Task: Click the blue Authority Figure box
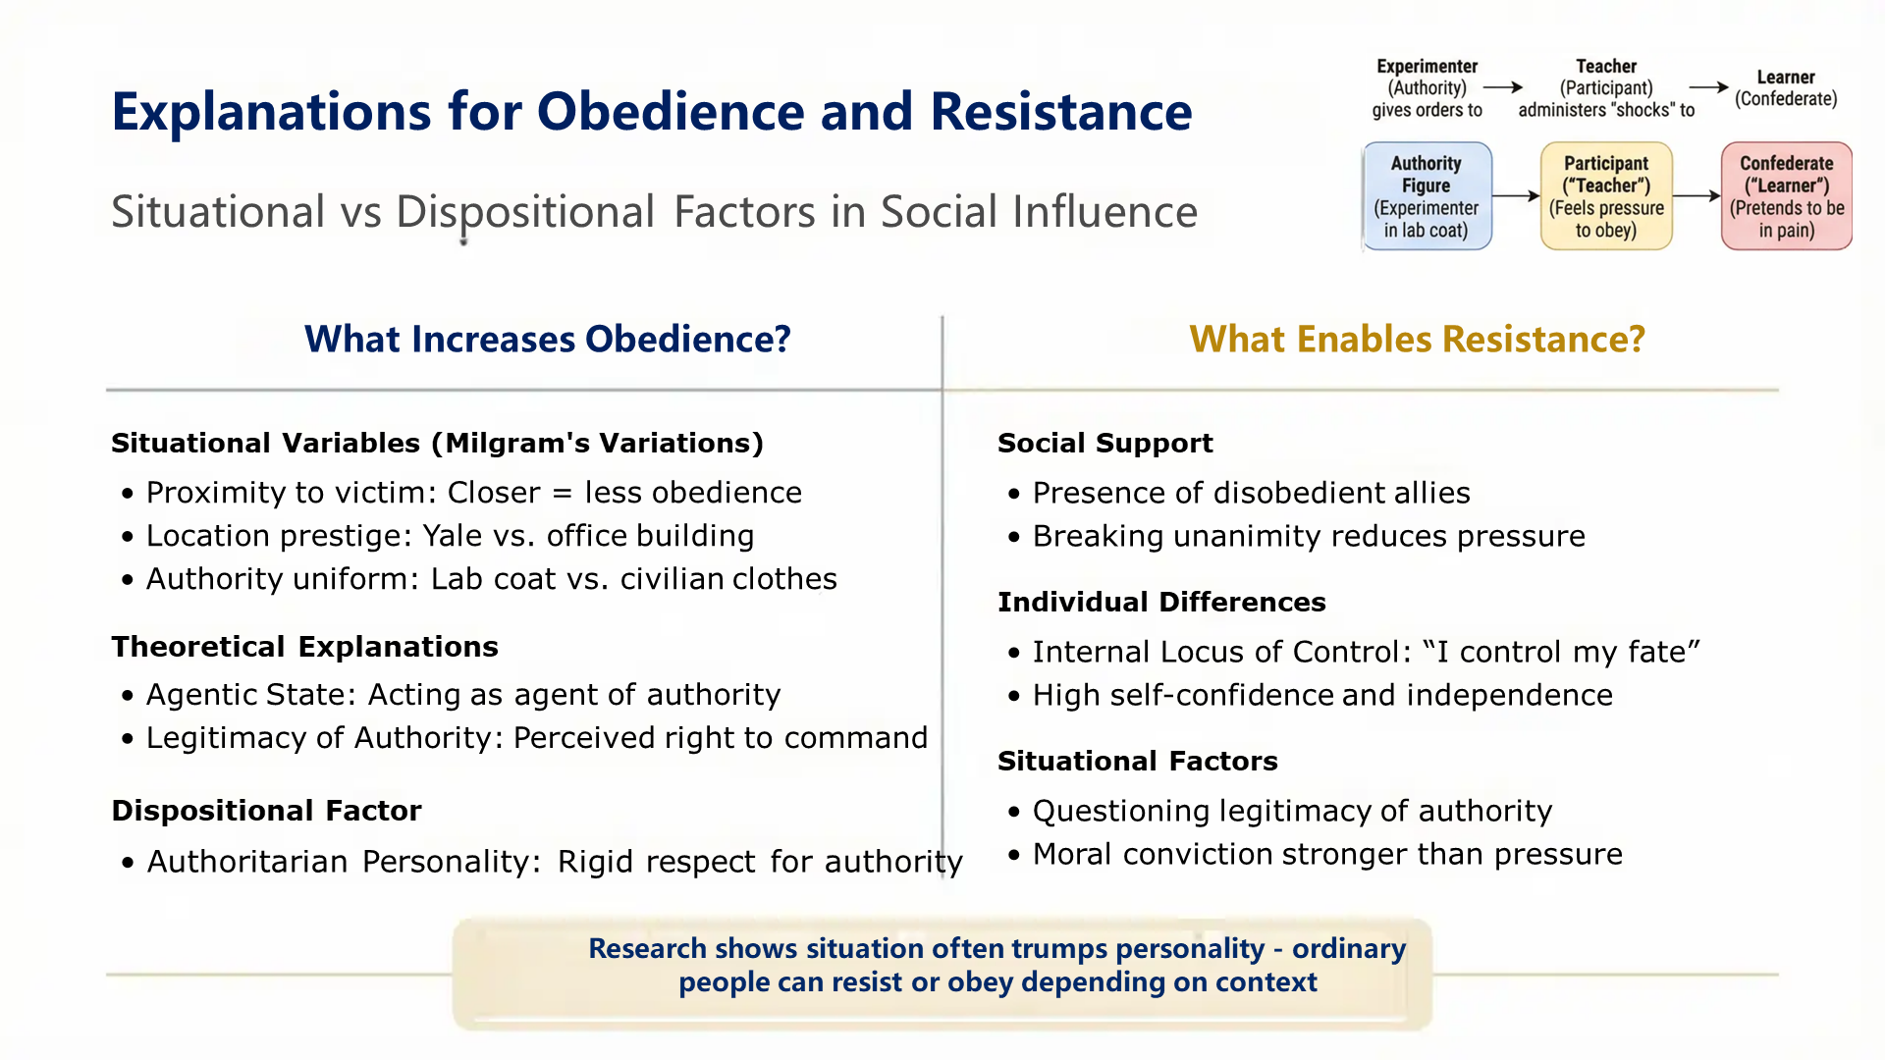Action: coord(1427,196)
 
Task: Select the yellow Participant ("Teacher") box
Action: coord(1606,196)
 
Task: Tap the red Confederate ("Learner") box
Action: coord(1786,196)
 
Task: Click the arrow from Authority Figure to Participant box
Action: coord(1516,196)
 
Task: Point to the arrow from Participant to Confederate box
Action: coord(1696,196)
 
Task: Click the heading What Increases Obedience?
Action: coord(547,340)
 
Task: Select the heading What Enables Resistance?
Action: coord(1416,340)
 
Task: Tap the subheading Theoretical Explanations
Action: coord(304,647)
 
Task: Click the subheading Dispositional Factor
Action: coord(266,811)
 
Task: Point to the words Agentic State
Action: coord(249,695)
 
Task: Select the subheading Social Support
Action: coord(1104,444)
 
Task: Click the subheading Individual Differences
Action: coord(1160,603)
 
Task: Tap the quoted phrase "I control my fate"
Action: coord(1561,652)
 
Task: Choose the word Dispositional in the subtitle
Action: coord(524,213)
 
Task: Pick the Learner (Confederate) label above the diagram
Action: coord(1785,88)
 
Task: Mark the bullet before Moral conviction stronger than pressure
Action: coord(1014,855)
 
